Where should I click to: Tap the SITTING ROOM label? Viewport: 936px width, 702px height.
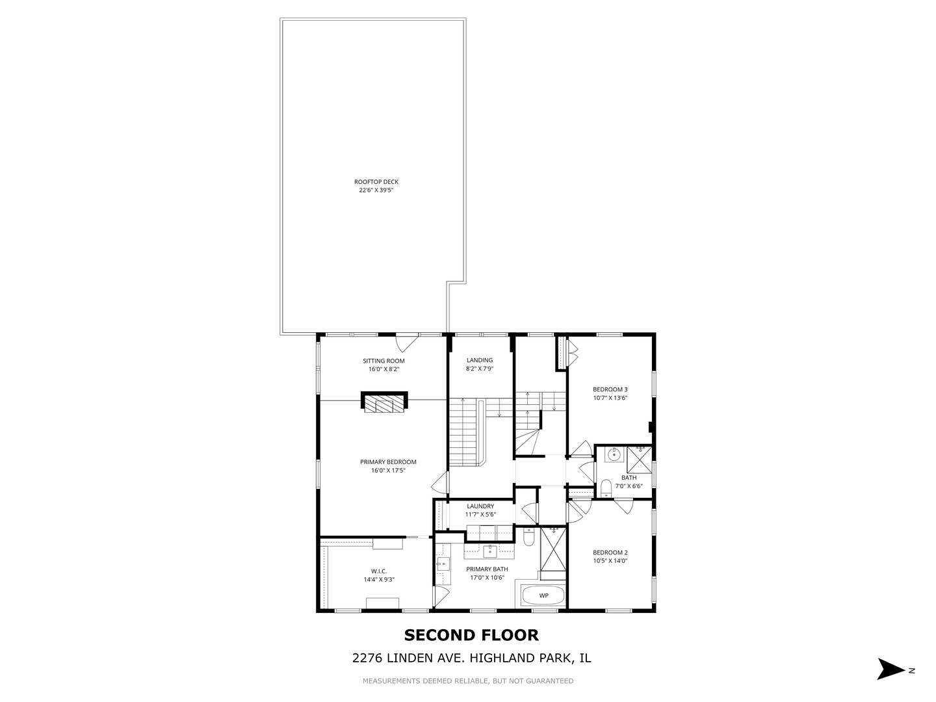coord(383,361)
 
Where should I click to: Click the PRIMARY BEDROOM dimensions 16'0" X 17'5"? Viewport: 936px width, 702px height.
coord(388,471)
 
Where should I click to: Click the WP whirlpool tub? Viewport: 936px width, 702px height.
coord(543,595)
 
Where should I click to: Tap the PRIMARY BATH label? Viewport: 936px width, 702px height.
coord(487,569)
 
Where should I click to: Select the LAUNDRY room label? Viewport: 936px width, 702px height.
coord(480,506)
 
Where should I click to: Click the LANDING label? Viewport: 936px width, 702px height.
coord(480,360)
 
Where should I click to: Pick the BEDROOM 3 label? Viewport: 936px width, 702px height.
coord(610,389)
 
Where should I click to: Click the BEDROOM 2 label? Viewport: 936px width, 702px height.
coord(610,552)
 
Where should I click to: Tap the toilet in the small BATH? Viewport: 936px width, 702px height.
coord(605,487)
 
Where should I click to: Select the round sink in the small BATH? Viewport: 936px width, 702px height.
coord(612,455)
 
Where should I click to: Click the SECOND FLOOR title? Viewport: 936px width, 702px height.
coord(471,635)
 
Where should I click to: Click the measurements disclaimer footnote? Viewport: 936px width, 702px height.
coord(468,681)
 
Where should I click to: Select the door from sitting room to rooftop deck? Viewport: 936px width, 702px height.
coord(408,341)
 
